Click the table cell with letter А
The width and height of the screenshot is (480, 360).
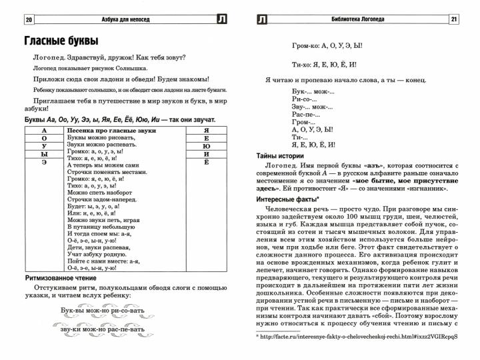(44, 131)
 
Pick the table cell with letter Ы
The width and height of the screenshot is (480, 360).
(44, 154)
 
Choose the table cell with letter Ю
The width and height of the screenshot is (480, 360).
(207, 147)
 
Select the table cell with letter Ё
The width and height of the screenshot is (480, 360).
(207, 162)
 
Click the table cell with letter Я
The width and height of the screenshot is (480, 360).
(207, 131)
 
